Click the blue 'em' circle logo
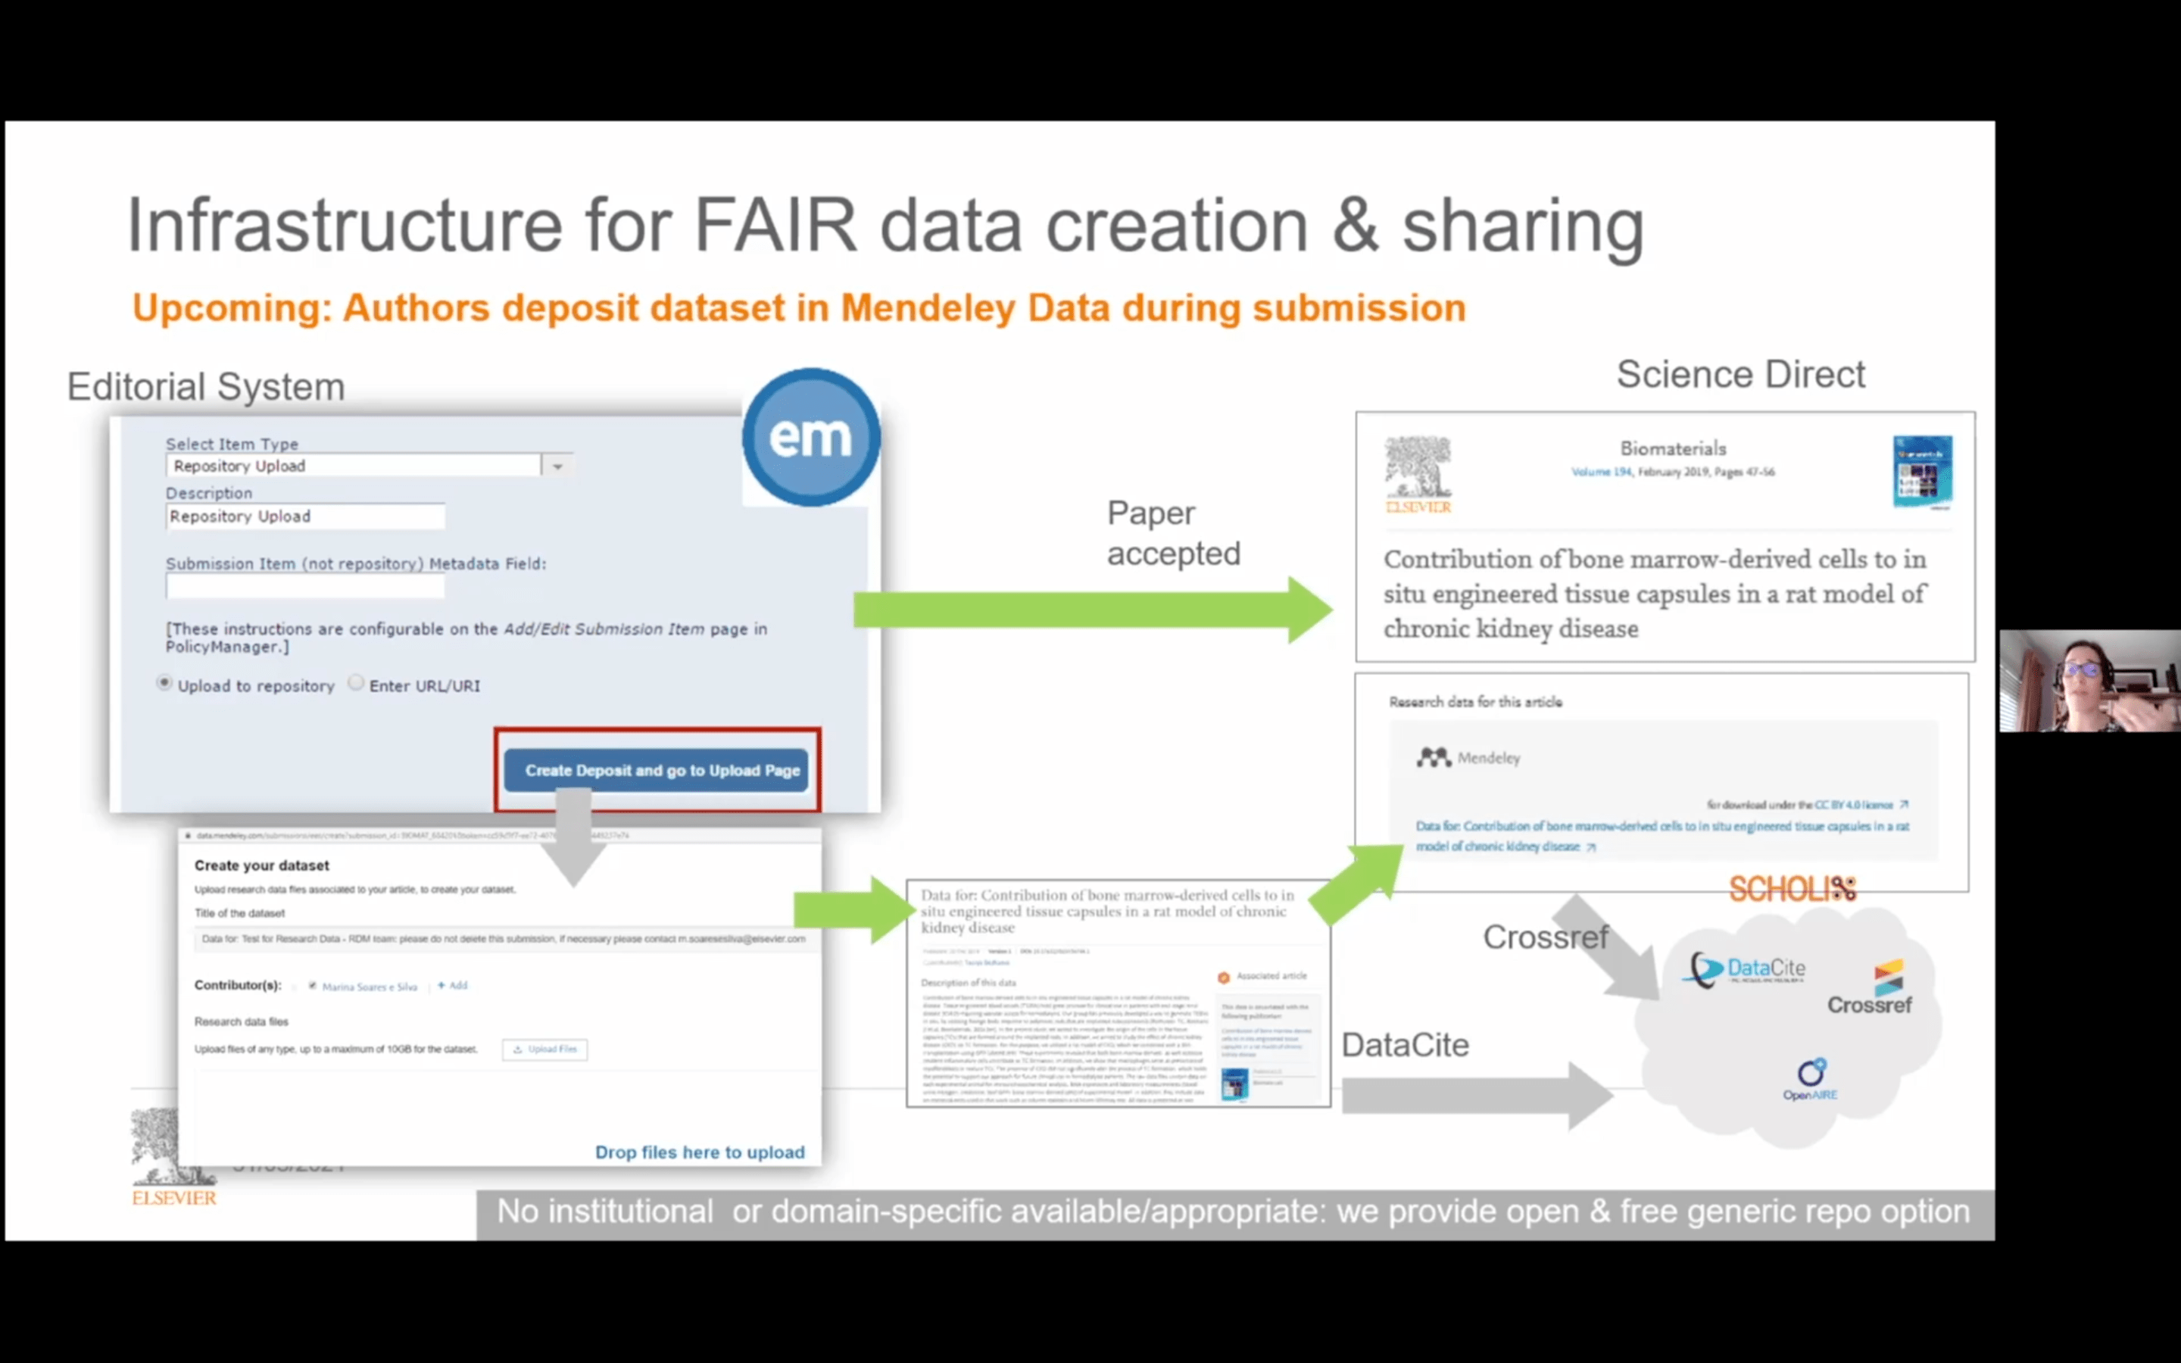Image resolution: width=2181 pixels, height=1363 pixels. tap(810, 437)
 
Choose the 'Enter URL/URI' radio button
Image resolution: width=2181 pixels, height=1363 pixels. tap(356, 683)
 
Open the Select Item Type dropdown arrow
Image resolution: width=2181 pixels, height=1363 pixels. tap(557, 466)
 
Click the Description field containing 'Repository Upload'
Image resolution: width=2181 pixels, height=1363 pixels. tap(304, 516)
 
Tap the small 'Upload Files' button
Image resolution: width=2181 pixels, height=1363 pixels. tap(544, 1050)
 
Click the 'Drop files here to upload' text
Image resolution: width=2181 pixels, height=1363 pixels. tap(700, 1152)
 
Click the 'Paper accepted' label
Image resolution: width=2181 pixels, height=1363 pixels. tap(1172, 533)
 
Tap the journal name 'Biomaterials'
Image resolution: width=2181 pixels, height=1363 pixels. tap(1673, 449)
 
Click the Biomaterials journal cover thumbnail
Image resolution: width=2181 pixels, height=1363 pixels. tap(1922, 472)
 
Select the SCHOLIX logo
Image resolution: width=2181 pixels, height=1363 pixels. tap(1792, 890)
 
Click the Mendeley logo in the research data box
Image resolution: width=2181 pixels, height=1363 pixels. tap(1467, 758)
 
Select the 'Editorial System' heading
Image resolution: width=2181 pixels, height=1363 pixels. tap(205, 387)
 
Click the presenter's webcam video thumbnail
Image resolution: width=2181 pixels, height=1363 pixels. tap(2090, 681)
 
